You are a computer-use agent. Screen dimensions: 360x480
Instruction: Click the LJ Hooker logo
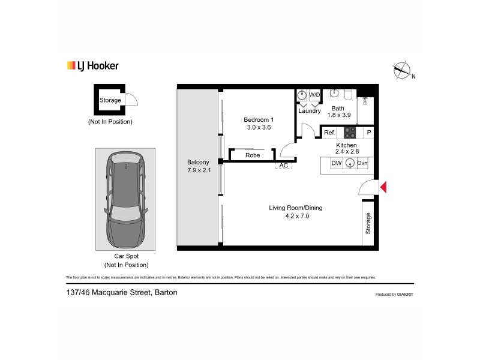tap(92, 66)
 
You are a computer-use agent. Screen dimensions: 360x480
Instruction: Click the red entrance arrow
tap(383, 188)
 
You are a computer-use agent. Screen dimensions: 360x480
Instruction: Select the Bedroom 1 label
tap(258, 123)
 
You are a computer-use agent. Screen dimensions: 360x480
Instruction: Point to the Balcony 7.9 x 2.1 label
tap(198, 166)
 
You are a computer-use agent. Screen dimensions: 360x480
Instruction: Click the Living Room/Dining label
tap(295, 212)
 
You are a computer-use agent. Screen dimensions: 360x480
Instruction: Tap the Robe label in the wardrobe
tap(252, 155)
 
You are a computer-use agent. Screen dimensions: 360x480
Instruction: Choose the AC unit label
tap(284, 165)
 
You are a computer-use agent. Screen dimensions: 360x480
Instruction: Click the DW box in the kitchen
tap(336, 163)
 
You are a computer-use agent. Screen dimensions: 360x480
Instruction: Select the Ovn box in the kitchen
tap(362, 163)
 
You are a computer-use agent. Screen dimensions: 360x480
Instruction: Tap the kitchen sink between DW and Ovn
tap(349, 163)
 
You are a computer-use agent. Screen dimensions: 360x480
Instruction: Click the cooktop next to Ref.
tap(349, 133)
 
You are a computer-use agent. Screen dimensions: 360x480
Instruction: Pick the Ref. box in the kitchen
tap(329, 133)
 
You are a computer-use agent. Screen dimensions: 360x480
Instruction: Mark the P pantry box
tap(369, 133)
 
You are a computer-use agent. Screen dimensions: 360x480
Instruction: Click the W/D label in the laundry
tap(315, 95)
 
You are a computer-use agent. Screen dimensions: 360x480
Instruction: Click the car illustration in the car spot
tap(125, 200)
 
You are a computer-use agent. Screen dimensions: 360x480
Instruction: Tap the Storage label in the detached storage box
tap(110, 100)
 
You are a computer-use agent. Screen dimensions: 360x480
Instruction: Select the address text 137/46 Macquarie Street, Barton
tap(122, 293)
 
